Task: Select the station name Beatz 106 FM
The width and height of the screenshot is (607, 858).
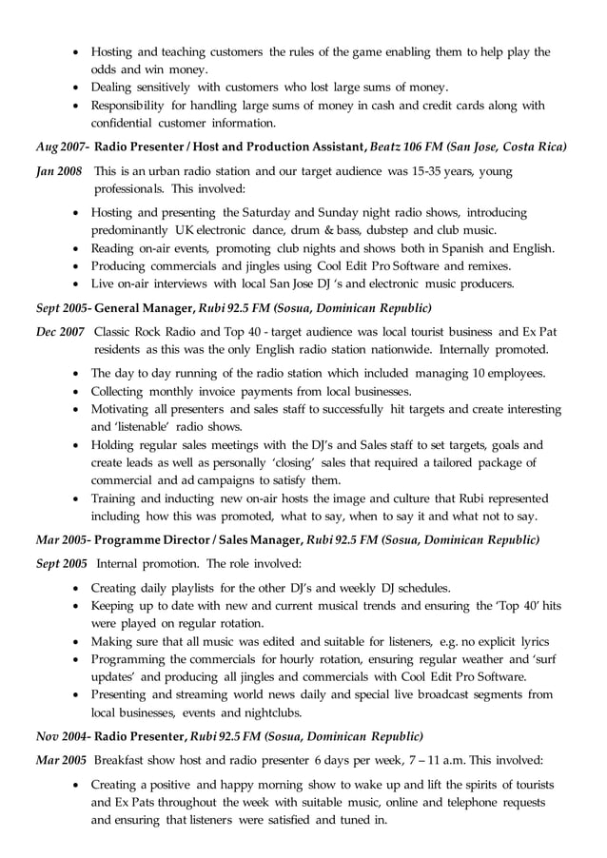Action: (406, 147)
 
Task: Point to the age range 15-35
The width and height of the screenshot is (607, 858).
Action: (453, 171)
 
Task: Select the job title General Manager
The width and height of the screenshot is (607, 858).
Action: (144, 308)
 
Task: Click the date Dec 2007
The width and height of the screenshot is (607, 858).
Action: (58, 332)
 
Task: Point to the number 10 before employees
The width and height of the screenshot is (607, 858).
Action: (480, 374)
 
